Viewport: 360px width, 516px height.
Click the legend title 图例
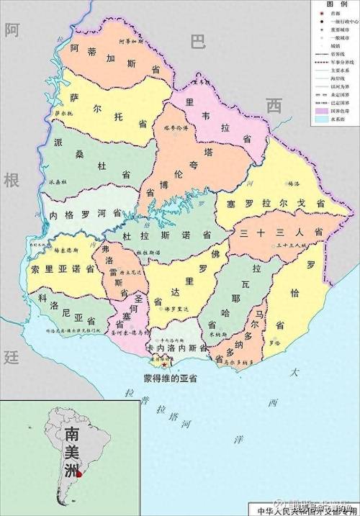point(336,4)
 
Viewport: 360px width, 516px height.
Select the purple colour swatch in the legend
point(321,112)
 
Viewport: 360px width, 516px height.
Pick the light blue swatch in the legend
point(321,120)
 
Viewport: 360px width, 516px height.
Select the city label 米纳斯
point(215,335)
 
